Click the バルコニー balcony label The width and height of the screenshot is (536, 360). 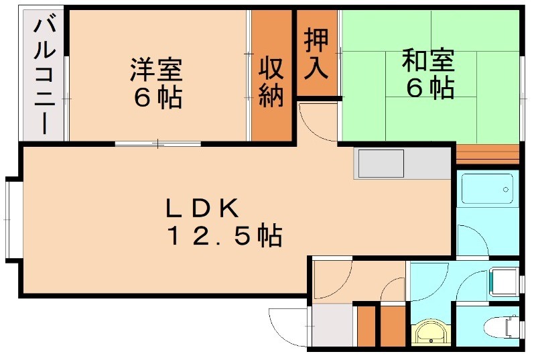click(46, 76)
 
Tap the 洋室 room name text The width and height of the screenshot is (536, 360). click(156, 68)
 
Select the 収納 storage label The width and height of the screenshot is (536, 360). click(271, 82)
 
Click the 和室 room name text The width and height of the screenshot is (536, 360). click(429, 61)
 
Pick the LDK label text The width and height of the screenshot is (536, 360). click(202, 209)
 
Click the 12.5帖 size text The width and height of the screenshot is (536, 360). click(224, 236)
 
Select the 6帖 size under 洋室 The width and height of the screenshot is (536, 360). click(157, 97)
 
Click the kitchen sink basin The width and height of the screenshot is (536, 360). click(381, 164)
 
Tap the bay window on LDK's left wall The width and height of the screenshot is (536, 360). click(11, 218)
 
